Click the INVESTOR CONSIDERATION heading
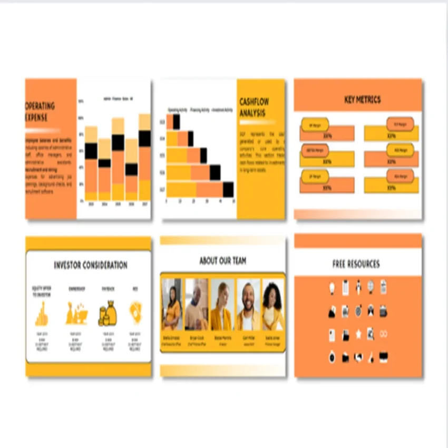(91, 265)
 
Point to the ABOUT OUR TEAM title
(222, 260)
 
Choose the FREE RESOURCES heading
(356, 264)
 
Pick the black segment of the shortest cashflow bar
(176, 122)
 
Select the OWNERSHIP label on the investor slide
(76, 289)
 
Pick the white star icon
(358, 334)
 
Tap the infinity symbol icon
(384, 334)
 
